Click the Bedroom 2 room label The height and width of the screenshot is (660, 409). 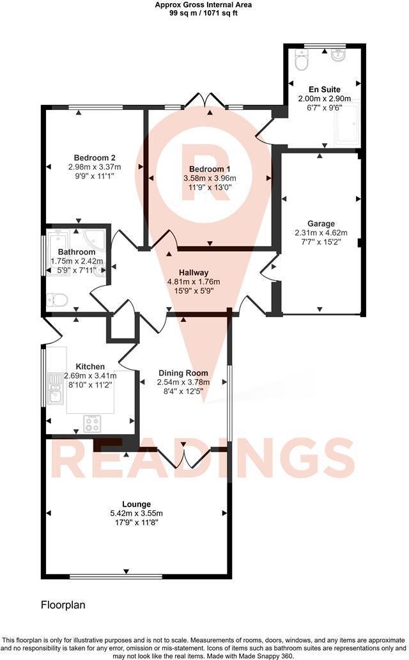point(95,158)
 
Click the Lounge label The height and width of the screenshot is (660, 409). point(134,504)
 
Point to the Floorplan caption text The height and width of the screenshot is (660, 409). point(63,604)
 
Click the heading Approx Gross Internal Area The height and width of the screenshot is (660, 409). point(204,4)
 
